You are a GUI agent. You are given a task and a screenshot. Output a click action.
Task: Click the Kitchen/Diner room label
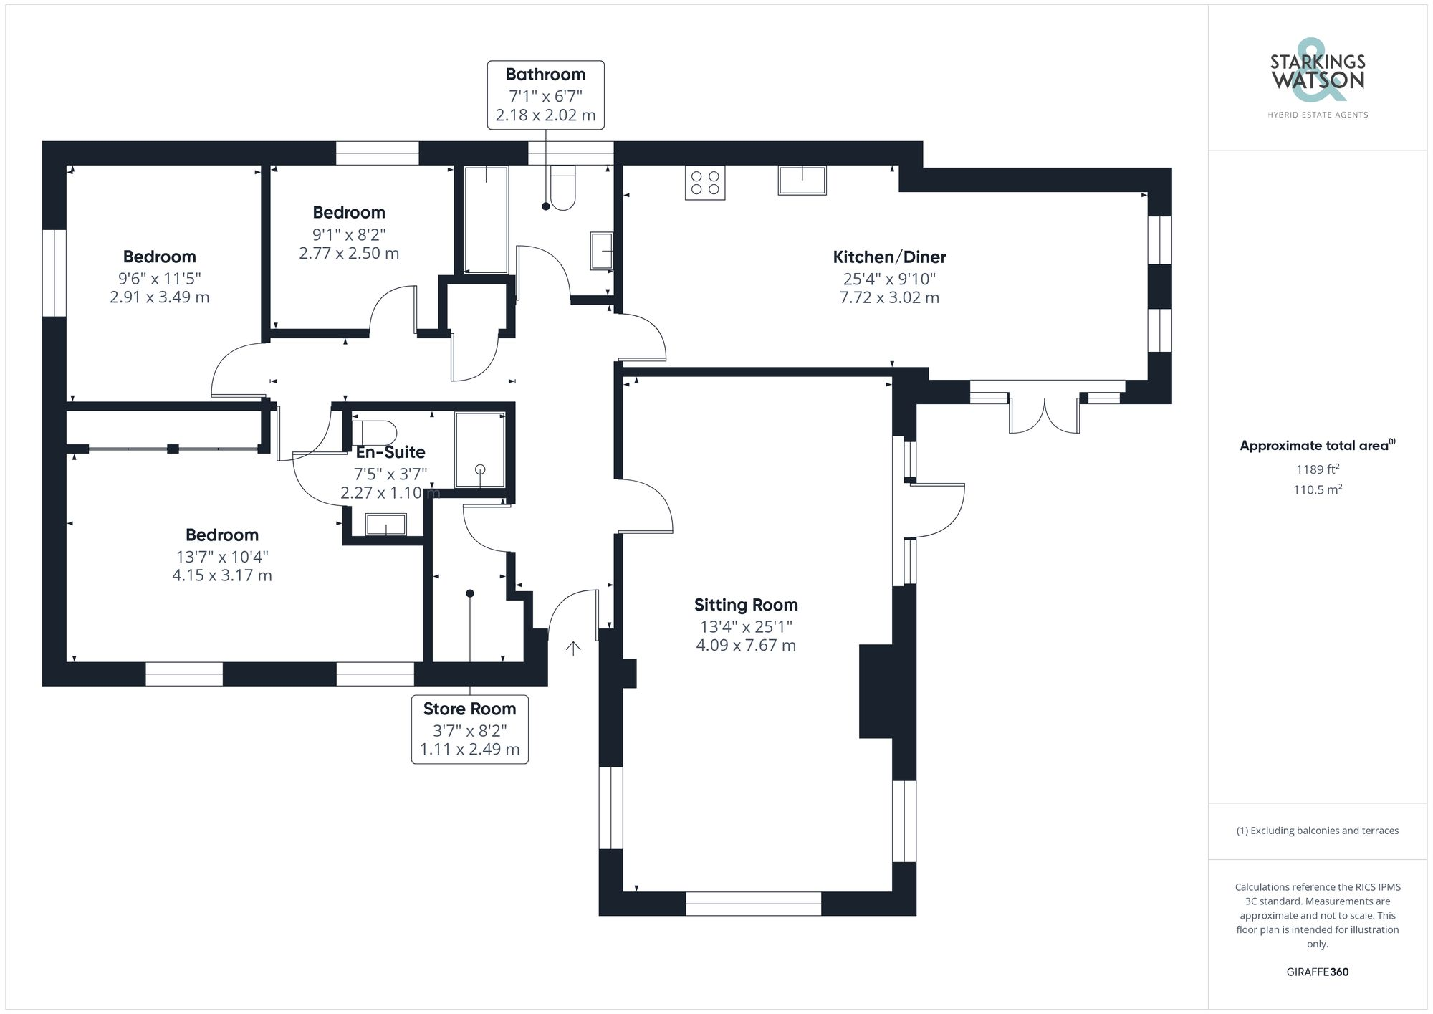[889, 257]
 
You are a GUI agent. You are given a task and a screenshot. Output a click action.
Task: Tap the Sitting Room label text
[746, 605]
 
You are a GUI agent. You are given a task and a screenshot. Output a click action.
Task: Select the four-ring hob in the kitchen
[705, 182]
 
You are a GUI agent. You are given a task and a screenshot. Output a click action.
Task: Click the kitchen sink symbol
[802, 180]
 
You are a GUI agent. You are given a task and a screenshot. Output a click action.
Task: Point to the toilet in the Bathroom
[563, 188]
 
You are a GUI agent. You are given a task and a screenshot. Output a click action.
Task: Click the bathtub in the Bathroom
[487, 220]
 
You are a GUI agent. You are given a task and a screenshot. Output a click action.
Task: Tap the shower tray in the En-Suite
[480, 450]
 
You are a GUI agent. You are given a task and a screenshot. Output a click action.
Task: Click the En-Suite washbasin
[386, 525]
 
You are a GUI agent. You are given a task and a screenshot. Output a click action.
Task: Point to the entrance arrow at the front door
[573, 648]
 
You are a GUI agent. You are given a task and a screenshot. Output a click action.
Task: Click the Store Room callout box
[470, 730]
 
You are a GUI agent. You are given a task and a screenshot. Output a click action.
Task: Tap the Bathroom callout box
[546, 95]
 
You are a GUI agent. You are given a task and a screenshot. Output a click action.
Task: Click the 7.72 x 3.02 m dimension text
[889, 297]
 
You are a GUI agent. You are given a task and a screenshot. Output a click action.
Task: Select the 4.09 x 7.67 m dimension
[746, 645]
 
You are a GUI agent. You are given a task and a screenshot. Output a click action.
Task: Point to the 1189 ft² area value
[1318, 469]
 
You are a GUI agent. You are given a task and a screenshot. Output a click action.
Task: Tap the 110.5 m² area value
[1318, 489]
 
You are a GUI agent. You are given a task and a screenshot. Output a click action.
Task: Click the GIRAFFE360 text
[1318, 972]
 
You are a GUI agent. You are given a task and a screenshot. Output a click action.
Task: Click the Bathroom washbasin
[602, 251]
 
